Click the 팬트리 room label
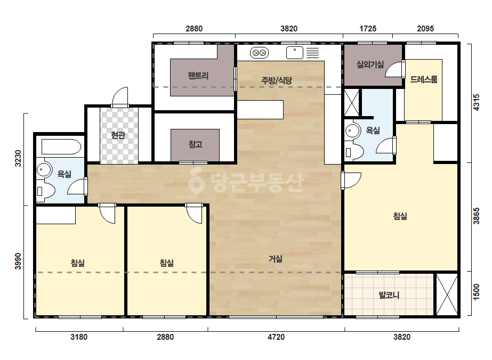click(x=198, y=76)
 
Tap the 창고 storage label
click(x=195, y=144)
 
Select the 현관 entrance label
click(x=118, y=135)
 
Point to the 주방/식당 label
click(x=277, y=80)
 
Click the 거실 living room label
click(x=276, y=259)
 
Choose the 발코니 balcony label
click(x=389, y=295)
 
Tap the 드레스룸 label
click(x=424, y=79)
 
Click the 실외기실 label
click(x=370, y=64)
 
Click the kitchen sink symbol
click(x=295, y=53)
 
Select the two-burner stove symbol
click(x=259, y=53)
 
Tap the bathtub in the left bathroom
click(x=61, y=146)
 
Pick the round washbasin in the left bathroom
click(x=44, y=170)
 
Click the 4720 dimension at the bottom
click(x=276, y=337)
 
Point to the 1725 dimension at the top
click(x=368, y=29)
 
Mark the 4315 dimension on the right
click(x=476, y=102)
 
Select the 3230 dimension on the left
click(x=18, y=158)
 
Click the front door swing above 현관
click(x=120, y=96)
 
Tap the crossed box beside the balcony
click(x=447, y=295)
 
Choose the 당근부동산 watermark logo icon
click(x=196, y=181)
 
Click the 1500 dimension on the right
click(x=476, y=292)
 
